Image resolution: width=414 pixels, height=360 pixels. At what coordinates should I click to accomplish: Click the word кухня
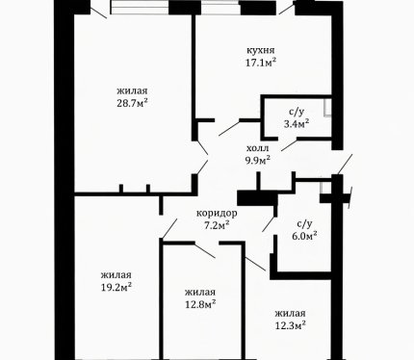point(261,51)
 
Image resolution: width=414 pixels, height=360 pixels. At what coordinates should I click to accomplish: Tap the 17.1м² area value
point(261,63)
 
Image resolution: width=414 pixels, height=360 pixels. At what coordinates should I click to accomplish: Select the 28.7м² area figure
point(132,103)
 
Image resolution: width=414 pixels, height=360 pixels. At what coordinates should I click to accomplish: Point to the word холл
point(257,148)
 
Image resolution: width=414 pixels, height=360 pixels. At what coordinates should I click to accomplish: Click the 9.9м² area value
point(258,160)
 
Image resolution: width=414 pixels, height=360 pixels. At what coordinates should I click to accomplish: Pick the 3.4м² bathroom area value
point(297,123)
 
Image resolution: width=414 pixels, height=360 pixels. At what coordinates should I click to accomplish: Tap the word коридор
point(217,214)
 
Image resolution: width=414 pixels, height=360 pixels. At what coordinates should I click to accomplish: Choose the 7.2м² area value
point(217,225)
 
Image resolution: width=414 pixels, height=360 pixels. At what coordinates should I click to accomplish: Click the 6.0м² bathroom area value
point(304,236)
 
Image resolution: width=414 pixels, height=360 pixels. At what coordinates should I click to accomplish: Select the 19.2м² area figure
point(116,287)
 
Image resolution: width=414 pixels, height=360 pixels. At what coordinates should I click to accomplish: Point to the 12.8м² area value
point(200,304)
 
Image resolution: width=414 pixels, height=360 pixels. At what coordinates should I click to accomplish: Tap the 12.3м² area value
point(290,325)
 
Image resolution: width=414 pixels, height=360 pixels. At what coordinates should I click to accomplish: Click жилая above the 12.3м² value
point(290,313)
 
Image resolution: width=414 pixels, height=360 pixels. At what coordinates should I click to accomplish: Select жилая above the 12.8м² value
point(200,293)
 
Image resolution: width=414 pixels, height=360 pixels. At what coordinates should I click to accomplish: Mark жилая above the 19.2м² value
point(116,275)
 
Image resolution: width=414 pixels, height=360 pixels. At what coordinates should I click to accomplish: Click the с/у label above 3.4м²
point(297,112)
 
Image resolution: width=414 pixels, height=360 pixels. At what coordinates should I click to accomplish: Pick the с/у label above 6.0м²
point(304,224)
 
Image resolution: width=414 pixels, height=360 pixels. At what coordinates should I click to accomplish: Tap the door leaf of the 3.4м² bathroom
point(289,145)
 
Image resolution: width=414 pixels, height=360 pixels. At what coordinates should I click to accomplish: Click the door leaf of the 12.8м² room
point(205,251)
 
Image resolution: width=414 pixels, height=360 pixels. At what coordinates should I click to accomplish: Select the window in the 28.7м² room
point(140,7)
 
